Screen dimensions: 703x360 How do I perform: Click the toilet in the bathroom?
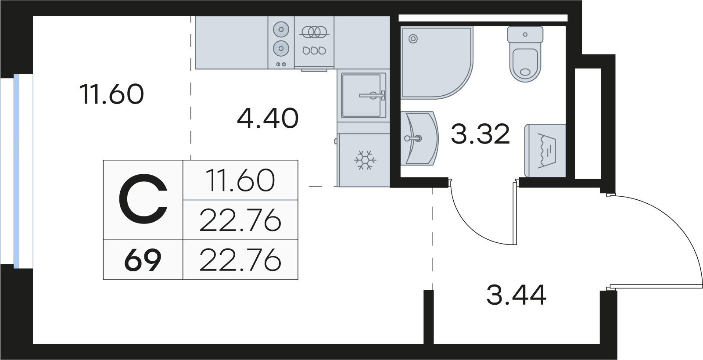pyautogui.click(x=525, y=54)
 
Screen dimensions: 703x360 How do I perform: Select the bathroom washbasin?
pyautogui.click(x=420, y=138)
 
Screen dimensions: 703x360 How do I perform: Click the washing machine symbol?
pyautogui.click(x=545, y=150)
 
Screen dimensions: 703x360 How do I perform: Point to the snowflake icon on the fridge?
pyautogui.click(x=365, y=160)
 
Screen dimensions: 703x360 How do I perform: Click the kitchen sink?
pyautogui.click(x=363, y=95)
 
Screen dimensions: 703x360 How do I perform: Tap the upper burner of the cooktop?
pyautogui.click(x=281, y=29)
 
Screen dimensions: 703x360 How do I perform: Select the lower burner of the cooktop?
pyautogui.click(x=281, y=48)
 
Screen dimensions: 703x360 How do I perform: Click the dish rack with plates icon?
pyautogui.click(x=314, y=40)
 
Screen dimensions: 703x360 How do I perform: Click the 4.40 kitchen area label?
pyautogui.click(x=267, y=119)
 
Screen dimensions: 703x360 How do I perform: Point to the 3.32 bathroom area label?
pyautogui.click(x=480, y=134)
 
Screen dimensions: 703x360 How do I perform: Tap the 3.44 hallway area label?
pyautogui.click(x=516, y=295)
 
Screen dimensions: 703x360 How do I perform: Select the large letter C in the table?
pyautogui.click(x=143, y=200)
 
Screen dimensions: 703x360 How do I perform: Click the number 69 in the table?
pyautogui.click(x=143, y=260)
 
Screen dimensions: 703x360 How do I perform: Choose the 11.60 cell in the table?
pyautogui.click(x=240, y=180)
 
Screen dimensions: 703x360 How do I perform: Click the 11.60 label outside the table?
pyautogui.click(x=112, y=94)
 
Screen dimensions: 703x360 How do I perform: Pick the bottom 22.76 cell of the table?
pyautogui.click(x=240, y=260)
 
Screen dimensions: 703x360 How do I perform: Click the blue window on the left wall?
pyautogui.click(x=16, y=171)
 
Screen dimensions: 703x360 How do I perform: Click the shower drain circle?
pyautogui.click(x=413, y=39)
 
